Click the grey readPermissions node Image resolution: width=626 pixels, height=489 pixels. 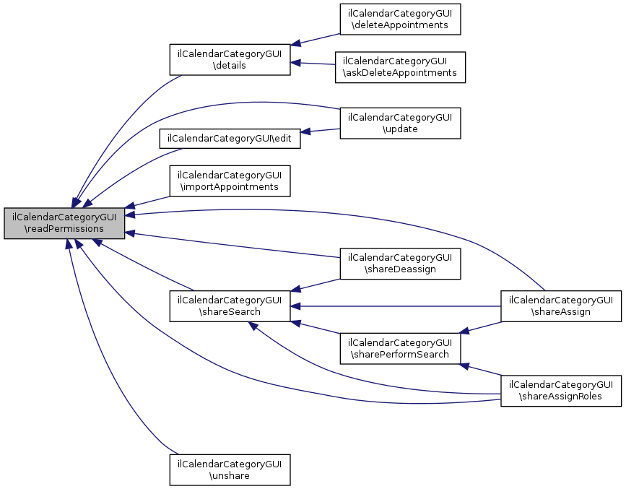64,222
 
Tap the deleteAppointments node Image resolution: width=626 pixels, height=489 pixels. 401,20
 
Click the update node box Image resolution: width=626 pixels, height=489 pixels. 401,123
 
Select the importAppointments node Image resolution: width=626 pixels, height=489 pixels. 230,181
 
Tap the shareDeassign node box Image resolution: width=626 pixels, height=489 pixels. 401,264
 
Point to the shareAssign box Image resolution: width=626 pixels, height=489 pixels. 561,306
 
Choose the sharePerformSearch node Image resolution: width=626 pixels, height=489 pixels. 401,348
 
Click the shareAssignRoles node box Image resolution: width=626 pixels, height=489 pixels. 561,390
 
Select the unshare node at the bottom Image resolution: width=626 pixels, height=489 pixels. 230,469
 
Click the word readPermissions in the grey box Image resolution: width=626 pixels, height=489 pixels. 64,229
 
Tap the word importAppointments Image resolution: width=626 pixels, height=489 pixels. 230,186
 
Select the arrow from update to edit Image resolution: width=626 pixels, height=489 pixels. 321,131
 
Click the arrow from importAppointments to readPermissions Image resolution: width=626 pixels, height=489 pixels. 148,202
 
